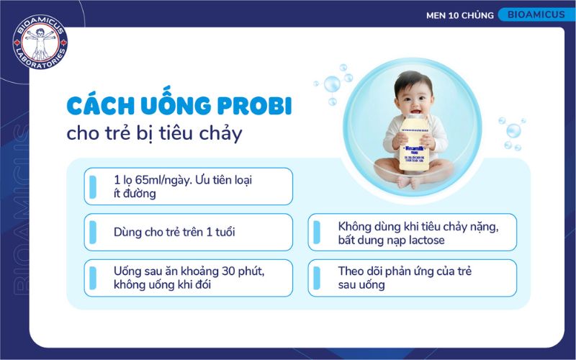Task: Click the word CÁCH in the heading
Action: click(94, 105)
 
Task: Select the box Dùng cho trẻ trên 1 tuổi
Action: click(188, 232)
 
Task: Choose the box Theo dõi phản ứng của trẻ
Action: click(413, 278)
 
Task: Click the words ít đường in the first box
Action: click(134, 193)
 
